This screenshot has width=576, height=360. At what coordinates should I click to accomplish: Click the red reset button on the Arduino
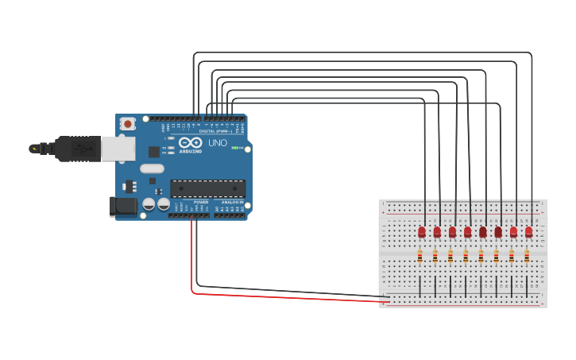pyautogui.click(x=127, y=124)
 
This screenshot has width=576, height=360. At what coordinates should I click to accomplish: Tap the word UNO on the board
pyautogui.click(x=218, y=143)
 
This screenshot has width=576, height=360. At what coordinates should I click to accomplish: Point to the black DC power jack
pyautogui.click(x=122, y=206)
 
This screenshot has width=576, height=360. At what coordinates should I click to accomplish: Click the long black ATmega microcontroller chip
pyautogui.click(x=207, y=188)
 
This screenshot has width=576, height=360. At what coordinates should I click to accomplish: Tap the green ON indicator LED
pyautogui.click(x=234, y=148)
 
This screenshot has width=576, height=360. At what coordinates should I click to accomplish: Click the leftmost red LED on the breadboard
pyautogui.click(x=422, y=232)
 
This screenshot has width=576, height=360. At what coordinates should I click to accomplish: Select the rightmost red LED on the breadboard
pyautogui.click(x=528, y=232)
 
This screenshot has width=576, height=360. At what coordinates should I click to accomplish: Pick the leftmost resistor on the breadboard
pyautogui.click(x=419, y=256)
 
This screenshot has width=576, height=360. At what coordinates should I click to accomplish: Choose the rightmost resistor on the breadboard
pyautogui.click(x=526, y=256)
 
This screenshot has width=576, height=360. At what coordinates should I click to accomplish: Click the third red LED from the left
pyautogui.click(x=452, y=232)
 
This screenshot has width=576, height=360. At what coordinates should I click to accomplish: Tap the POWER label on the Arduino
pyautogui.click(x=201, y=202)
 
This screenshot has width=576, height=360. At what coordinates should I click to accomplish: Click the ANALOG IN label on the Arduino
pyautogui.click(x=231, y=202)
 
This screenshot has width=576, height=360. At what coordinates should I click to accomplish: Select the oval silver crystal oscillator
pyautogui.click(x=152, y=168)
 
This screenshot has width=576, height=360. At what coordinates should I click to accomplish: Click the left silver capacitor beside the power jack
pyautogui.click(x=149, y=205)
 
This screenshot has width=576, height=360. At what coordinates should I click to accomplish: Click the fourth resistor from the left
pyautogui.click(x=466, y=256)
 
